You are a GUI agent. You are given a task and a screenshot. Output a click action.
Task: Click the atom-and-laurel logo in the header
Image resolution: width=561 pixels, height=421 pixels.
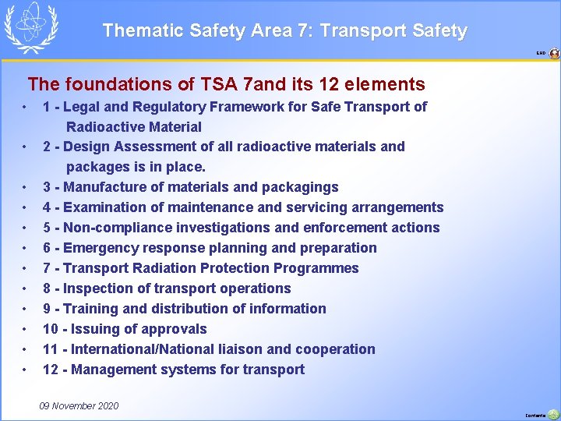point(31,27)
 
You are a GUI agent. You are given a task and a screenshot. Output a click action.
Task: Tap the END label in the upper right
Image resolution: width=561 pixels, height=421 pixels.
point(540,54)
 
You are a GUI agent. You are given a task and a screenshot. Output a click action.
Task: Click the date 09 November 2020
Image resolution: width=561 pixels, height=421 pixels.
point(79,406)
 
